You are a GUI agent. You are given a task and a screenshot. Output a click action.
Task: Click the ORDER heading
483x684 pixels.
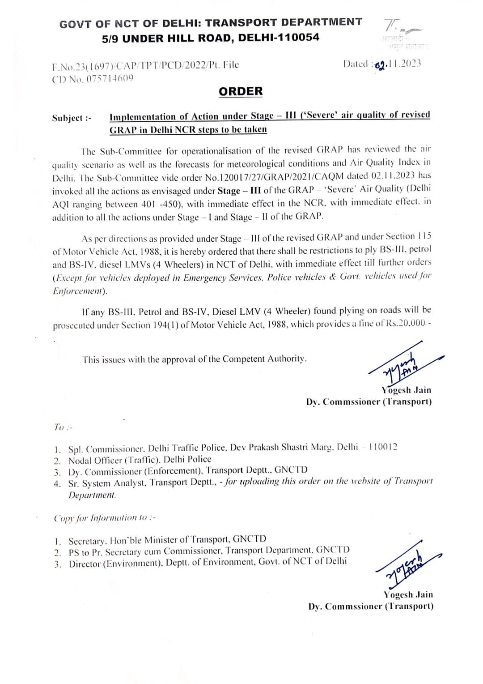(241, 91)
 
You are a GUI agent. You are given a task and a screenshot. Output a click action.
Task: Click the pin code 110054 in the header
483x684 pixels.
(297, 37)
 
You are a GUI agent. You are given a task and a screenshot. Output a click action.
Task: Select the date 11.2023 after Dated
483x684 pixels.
(404, 64)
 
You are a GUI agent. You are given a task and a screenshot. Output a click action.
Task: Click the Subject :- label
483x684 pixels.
(72, 118)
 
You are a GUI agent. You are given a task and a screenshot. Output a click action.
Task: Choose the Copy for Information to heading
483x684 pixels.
(105, 518)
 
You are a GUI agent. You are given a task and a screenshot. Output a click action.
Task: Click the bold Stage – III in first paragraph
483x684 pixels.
(239, 191)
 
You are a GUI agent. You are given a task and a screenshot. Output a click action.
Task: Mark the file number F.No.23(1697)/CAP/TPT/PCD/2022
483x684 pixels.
(130, 66)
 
